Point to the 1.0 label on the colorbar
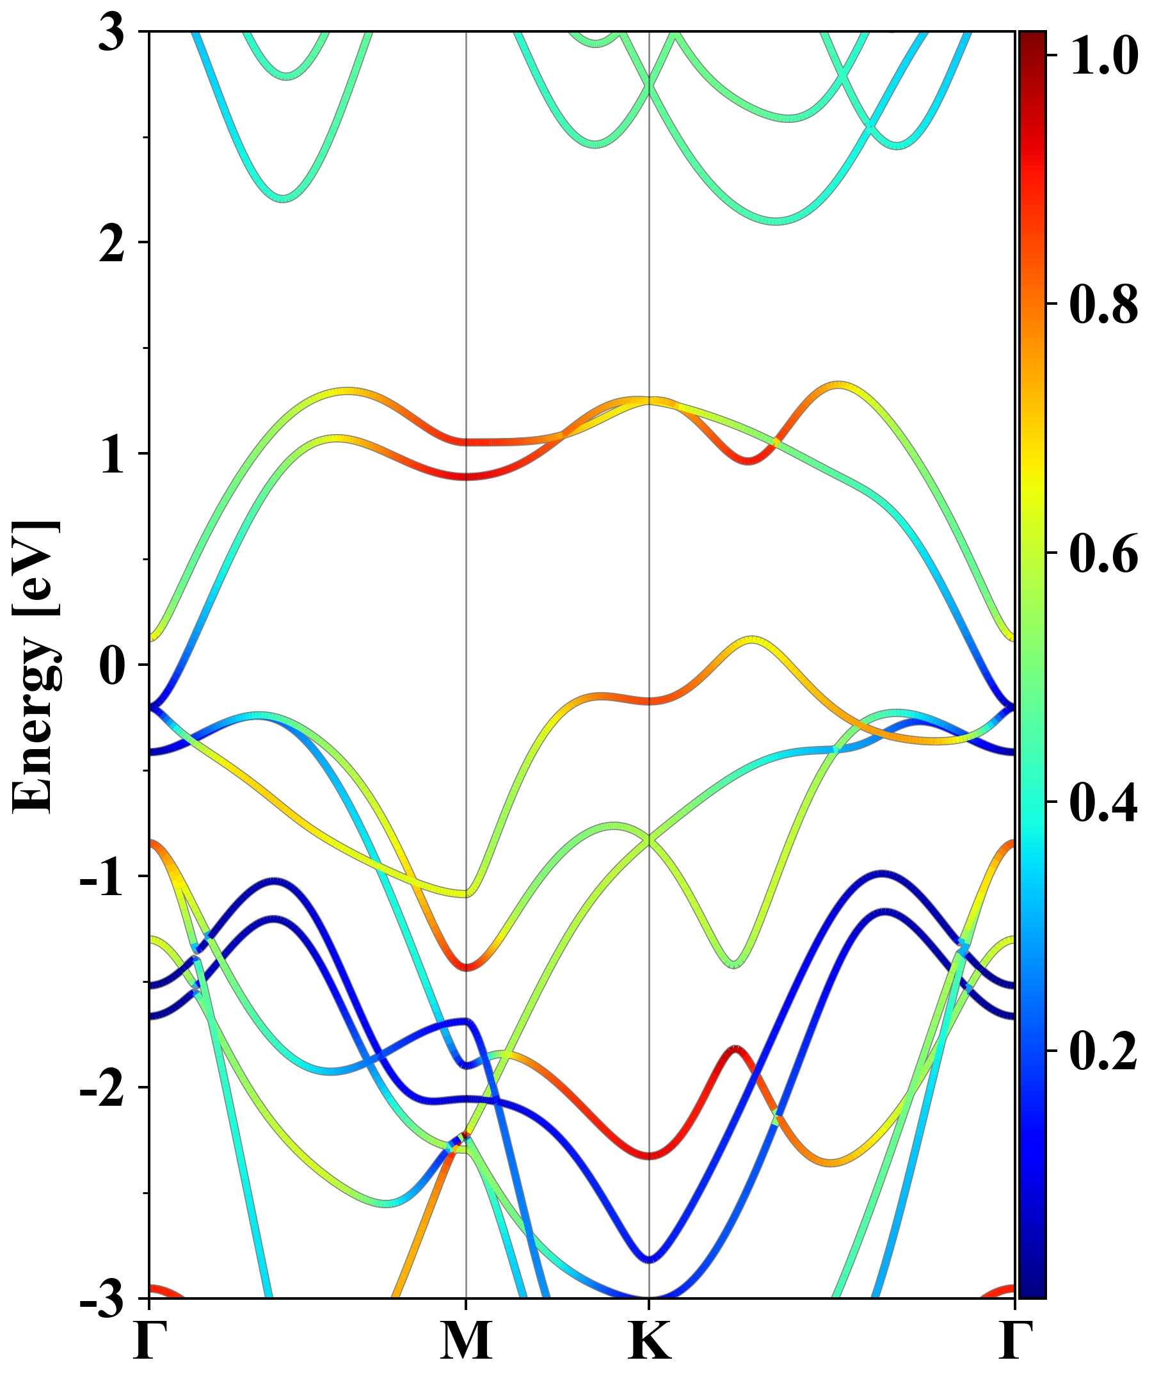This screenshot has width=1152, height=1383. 1103,55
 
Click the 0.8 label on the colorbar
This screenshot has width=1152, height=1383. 1103,304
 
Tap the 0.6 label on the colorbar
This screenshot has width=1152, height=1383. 1103,553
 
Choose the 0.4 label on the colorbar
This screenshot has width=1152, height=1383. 1103,802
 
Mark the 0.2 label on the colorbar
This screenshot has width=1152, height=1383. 1103,1051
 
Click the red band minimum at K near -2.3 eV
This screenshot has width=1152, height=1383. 650,1155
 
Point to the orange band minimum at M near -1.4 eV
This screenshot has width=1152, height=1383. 466,967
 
